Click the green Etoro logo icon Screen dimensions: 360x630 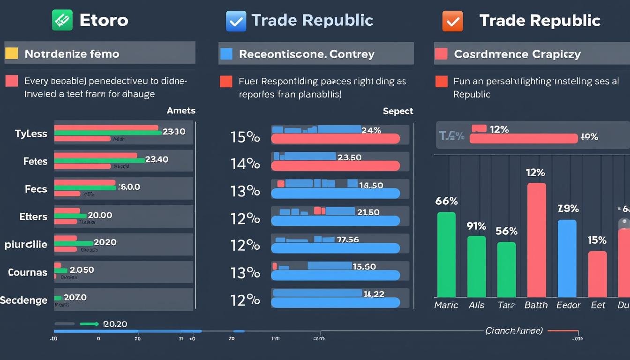point(62,21)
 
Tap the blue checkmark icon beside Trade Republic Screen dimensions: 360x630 point(235,21)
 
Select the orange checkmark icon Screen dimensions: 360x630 point(452,21)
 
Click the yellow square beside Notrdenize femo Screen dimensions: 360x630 point(11,53)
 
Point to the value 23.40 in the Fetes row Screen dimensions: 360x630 point(157,159)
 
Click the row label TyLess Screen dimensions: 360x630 point(31,134)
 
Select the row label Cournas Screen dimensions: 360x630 point(27,272)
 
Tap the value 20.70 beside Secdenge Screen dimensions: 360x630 point(75,297)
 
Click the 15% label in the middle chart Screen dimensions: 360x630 point(245,137)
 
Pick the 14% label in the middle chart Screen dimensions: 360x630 point(245,164)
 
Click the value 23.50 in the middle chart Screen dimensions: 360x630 point(349,157)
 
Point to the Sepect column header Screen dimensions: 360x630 point(398,111)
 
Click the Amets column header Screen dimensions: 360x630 point(181,111)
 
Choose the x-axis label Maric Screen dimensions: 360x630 point(446,305)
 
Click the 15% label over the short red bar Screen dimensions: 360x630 point(597,240)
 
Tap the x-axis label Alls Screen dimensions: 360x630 point(476,305)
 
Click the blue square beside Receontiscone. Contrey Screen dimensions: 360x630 point(226,53)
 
